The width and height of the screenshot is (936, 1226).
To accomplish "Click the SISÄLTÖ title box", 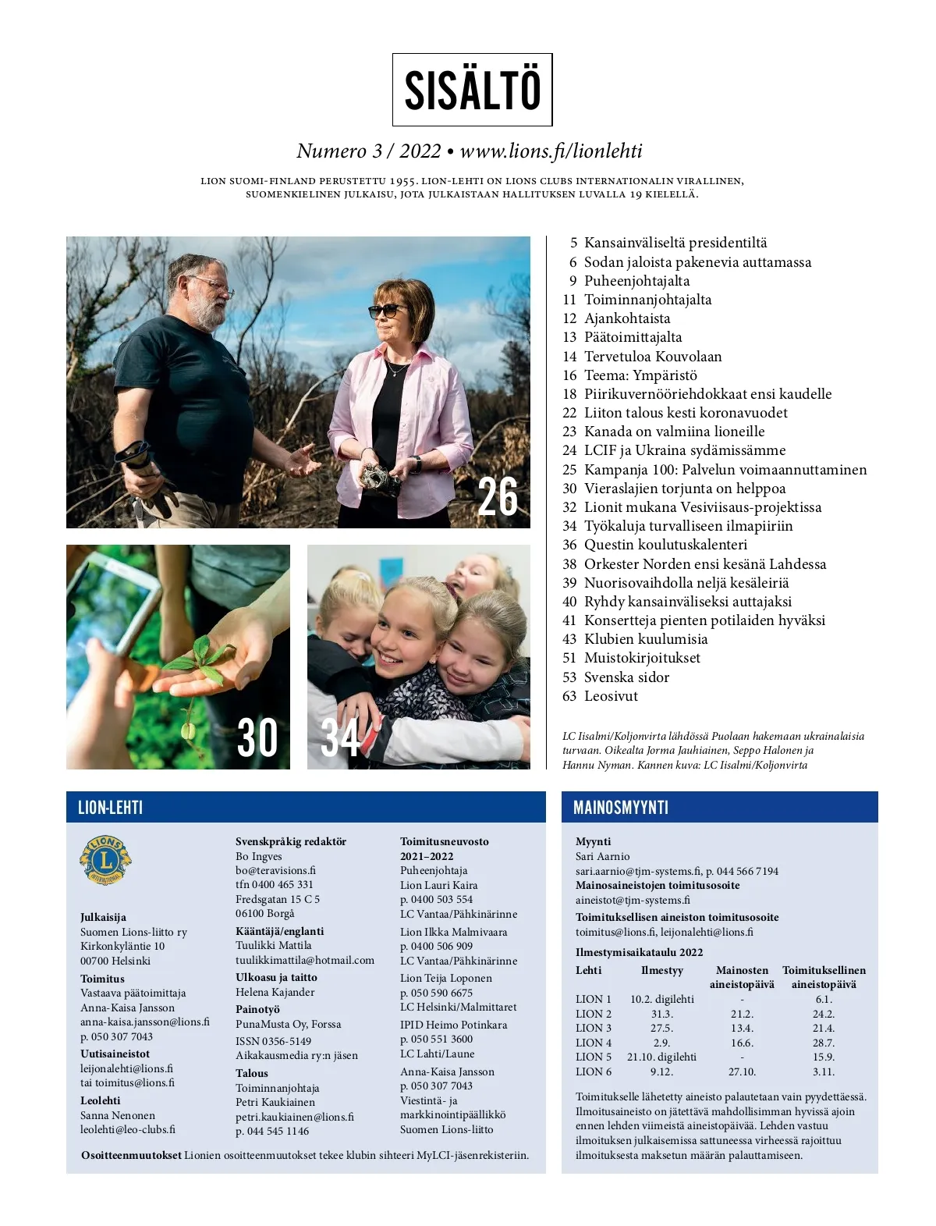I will click(x=472, y=90).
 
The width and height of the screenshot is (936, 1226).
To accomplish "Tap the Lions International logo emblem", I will click(x=105, y=860).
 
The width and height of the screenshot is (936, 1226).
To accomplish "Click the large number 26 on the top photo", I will click(x=497, y=497).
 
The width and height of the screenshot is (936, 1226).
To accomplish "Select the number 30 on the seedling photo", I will click(x=257, y=737).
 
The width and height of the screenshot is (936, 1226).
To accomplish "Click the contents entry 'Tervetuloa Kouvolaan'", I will click(x=653, y=357).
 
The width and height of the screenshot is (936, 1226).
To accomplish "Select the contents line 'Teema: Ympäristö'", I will click(x=640, y=375).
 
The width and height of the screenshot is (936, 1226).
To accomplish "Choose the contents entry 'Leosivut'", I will click(x=611, y=696).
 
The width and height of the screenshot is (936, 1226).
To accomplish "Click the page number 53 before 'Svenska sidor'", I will click(x=569, y=677).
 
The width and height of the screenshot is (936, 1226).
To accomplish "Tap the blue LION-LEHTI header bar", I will click(x=306, y=807).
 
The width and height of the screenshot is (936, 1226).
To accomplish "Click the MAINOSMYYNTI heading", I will click(x=621, y=808).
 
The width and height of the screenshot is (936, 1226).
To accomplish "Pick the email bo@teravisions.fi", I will click(x=275, y=870).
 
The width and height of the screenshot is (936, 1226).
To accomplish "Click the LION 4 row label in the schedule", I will click(x=594, y=1043).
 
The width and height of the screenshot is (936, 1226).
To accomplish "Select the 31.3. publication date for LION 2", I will click(x=661, y=1014).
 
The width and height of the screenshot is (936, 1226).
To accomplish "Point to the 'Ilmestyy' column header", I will click(x=661, y=970).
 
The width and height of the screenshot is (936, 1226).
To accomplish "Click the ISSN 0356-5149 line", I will click(x=273, y=1041).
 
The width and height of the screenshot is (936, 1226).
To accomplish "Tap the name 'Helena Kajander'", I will click(x=275, y=992).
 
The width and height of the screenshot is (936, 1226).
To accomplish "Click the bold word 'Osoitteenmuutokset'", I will click(x=131, y=1155).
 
